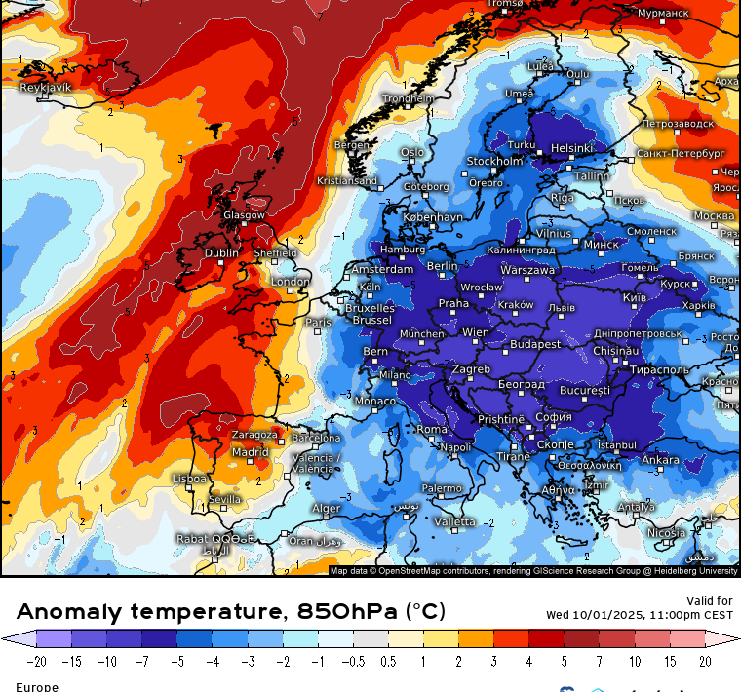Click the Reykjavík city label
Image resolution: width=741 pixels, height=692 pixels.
coord(47,88)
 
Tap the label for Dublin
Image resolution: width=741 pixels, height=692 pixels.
coord(221,253)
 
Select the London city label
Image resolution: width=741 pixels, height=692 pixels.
coord(291,282)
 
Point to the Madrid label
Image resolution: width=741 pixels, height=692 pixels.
coord(251,452)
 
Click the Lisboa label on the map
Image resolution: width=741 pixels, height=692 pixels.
coord(189,479)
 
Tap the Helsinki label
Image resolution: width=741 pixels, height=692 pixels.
coord(571,149)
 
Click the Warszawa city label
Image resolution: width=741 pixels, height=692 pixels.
coord(527,270)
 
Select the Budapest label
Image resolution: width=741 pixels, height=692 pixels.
coord(535,344)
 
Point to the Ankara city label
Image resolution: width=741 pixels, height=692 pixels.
coord(661,460)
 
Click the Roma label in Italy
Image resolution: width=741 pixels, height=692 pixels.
coord(432,430)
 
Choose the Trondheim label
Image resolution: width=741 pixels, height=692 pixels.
coord(409,98)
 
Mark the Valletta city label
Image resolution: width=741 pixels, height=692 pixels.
coord(454,522)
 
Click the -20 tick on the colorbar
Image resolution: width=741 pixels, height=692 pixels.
coord(37,662)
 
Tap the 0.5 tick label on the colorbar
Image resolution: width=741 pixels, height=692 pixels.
coord(388,662)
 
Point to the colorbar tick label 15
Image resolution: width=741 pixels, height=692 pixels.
coord(670,662)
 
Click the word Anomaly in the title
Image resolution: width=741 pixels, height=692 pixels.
coord(69,612)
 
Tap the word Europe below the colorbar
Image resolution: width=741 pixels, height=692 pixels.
coord(37,686)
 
